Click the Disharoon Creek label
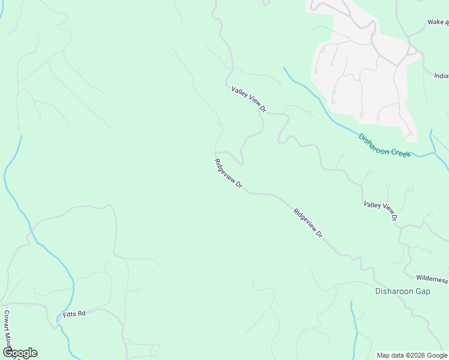384,145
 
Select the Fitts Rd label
74,314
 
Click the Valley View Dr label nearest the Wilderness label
381,211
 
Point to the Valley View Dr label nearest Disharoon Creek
249,99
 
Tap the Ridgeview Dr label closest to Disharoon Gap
308,224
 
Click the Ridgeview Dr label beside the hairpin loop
228,174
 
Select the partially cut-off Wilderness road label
432,279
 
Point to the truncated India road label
441,76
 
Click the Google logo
20,353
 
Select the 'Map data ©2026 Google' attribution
412,355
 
